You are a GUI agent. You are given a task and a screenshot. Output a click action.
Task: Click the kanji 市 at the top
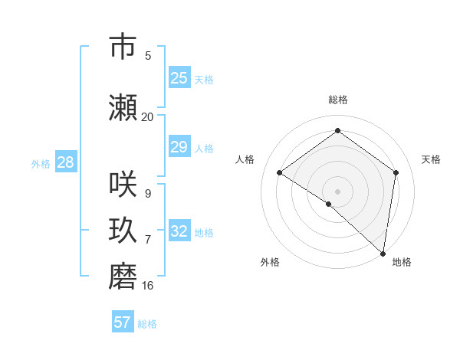point(123,46)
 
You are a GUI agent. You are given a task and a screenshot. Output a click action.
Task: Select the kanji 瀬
point(123,108)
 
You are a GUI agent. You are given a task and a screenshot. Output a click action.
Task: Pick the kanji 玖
point(123,231)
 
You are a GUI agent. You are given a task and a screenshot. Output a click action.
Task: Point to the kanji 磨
point(123,277)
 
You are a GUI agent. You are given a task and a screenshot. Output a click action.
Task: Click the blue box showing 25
point(179,78)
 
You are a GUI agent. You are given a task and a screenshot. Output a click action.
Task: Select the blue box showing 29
point(179,147)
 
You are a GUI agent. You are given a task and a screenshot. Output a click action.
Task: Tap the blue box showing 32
point(179,231)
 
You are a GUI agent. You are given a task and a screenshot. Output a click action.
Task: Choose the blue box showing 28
point(65,162)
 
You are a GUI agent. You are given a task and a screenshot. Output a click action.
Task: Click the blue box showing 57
point(123,322)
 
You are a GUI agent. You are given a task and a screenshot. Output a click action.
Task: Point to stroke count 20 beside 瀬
point(147,116)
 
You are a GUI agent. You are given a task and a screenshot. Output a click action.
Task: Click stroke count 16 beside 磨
point(147,285)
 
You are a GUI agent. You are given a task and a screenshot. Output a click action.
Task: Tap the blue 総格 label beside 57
point(147,324)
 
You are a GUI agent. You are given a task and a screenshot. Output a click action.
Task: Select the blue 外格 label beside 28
point(41,163)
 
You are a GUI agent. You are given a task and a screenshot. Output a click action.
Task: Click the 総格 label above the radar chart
point(338,100)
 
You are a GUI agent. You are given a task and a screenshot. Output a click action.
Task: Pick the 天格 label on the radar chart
point(432,159)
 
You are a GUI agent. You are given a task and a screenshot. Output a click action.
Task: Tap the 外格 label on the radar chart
point(270,262)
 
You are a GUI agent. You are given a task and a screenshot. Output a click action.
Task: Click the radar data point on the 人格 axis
point(280,173)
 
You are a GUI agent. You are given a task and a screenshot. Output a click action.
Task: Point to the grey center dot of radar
point(337,191)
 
